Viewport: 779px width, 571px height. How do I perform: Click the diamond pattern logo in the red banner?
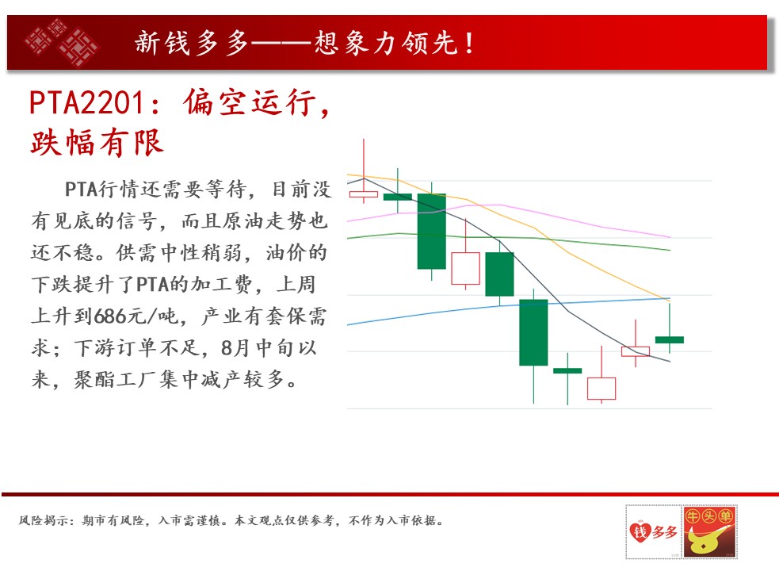pyautogui.click(x=62, y=42)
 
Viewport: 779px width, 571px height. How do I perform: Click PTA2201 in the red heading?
pyautogui.click(x=87, y=103)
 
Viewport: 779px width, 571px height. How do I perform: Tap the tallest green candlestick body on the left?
pyautogui.click(x=431, y=232)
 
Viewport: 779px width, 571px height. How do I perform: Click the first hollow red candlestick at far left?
pyautogui.click(x=364, y=194)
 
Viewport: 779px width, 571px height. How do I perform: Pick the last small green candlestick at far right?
pyautogui.click(x=669, y=339)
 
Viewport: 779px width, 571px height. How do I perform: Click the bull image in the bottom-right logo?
pyautogui.click(x=709, y=531)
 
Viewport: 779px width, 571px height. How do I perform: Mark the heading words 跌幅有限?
pyautogui.click(x=97, y=143)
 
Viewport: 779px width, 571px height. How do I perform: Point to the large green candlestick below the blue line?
pyautogui.click(x=533, y=332)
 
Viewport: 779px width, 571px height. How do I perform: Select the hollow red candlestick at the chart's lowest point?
pyautogui.click(x=601, y=389)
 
